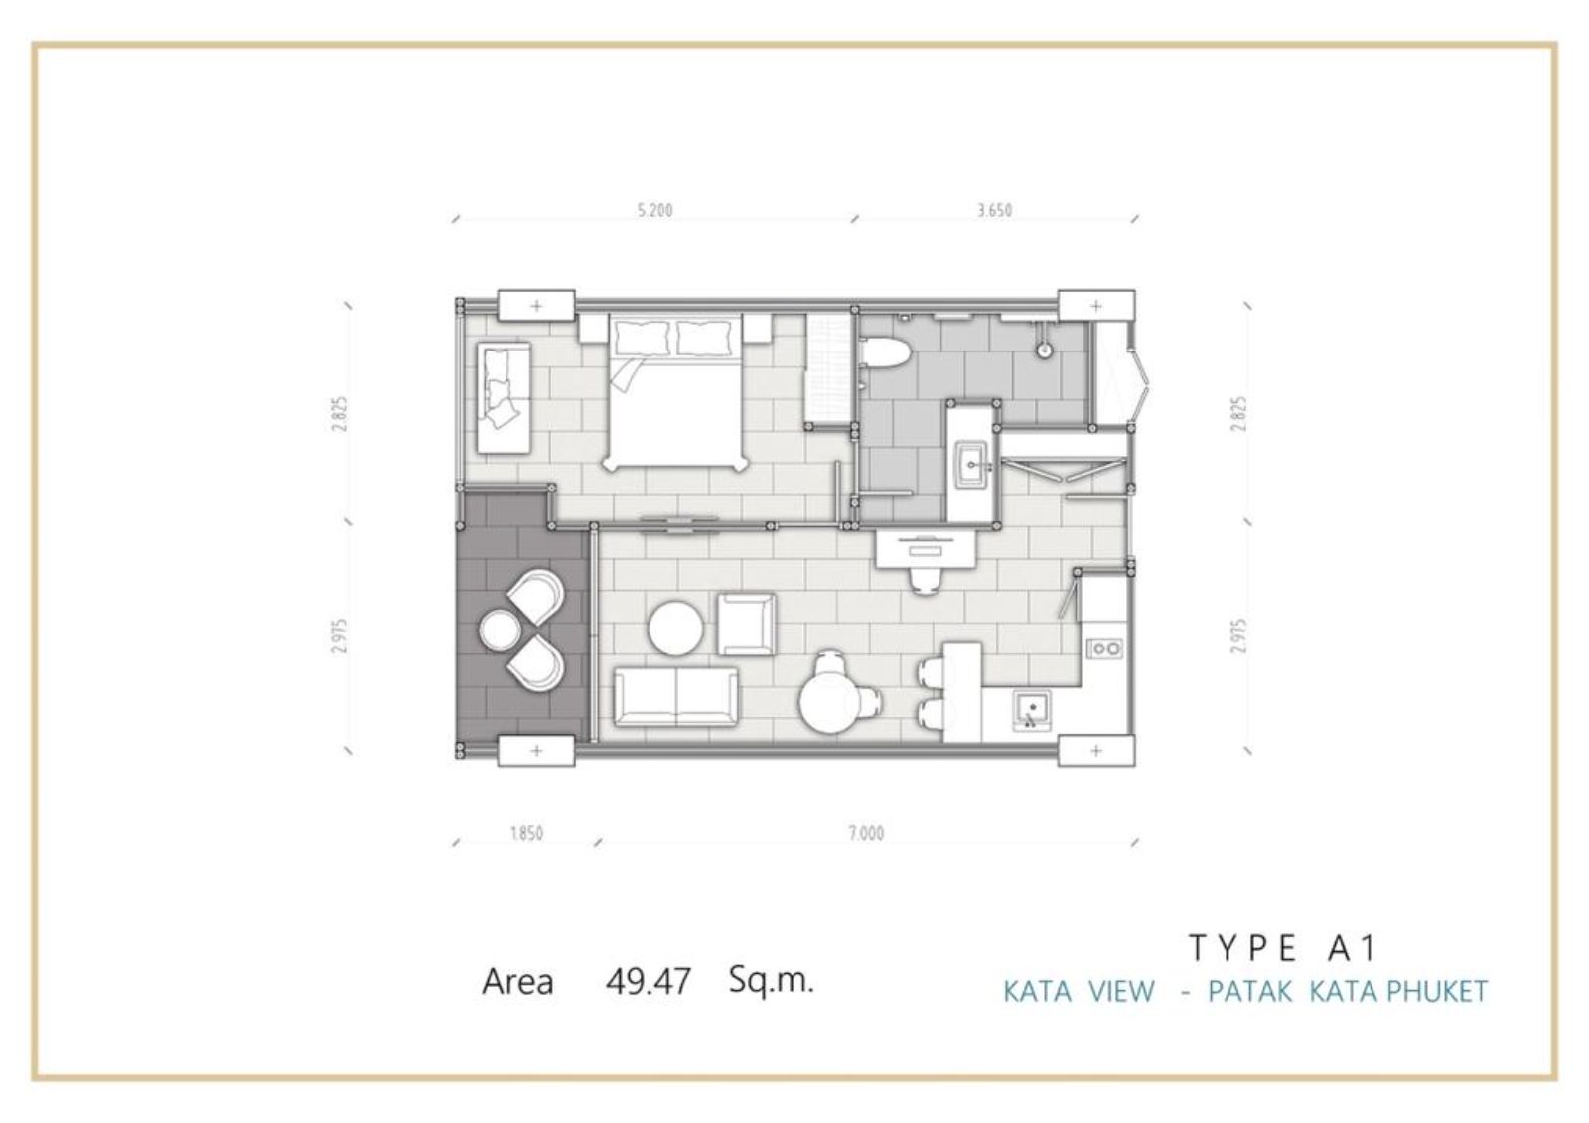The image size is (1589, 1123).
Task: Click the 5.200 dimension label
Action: point(654,211)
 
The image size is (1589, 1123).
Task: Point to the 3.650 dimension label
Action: point(994,211)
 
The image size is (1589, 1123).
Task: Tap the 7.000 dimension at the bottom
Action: point(866,833)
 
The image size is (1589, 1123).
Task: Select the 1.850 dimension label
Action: point(527,833)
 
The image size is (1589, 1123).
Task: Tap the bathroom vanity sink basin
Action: point(972,465)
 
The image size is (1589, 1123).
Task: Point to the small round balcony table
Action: point(501,630)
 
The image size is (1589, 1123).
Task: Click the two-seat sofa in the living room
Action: point(675,696)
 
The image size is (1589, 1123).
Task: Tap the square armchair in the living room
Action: point(746,625)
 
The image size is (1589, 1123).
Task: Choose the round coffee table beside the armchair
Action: point(676,629)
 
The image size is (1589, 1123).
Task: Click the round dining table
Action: point(830,703)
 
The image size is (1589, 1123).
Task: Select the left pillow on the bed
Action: point(642,338)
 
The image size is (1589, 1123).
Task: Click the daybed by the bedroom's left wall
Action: point(504,398)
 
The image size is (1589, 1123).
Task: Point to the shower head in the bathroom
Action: point(1044,350)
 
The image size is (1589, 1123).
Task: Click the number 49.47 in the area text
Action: point(649,982)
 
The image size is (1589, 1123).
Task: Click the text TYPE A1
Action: point(1282,948)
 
